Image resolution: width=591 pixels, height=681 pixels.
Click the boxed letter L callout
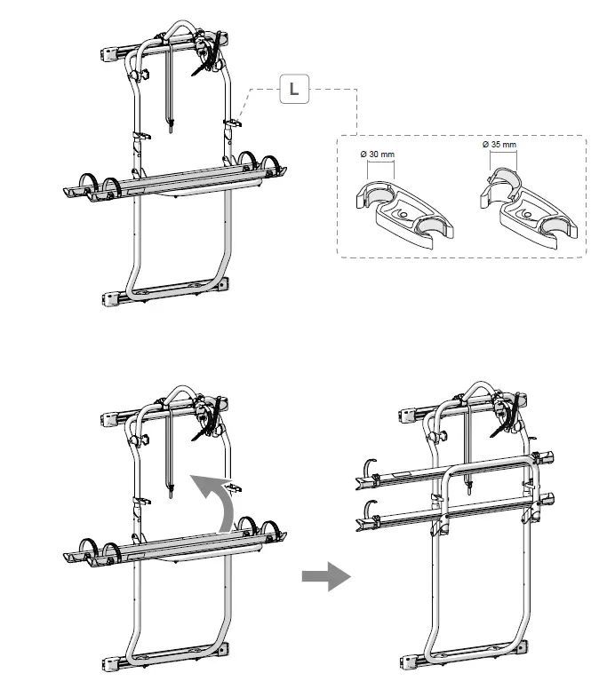[294, 89]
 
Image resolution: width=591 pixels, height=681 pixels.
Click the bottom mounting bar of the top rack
[169, 294]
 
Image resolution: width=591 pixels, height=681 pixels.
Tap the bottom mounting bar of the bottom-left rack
[169, 660]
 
